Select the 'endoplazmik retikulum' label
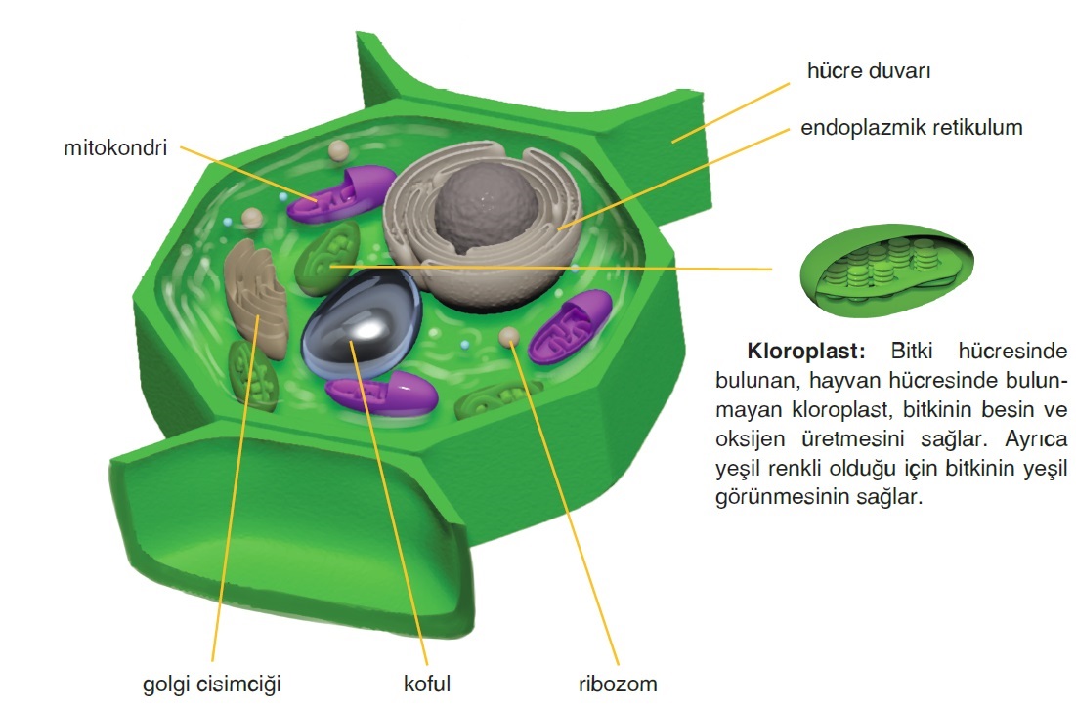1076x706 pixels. (x=911, y=128)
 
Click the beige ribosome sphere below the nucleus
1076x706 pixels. (x=508, y=337)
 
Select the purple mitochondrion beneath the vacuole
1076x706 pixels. (x=382, y=394)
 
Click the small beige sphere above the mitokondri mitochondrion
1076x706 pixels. (x=339, y=149)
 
